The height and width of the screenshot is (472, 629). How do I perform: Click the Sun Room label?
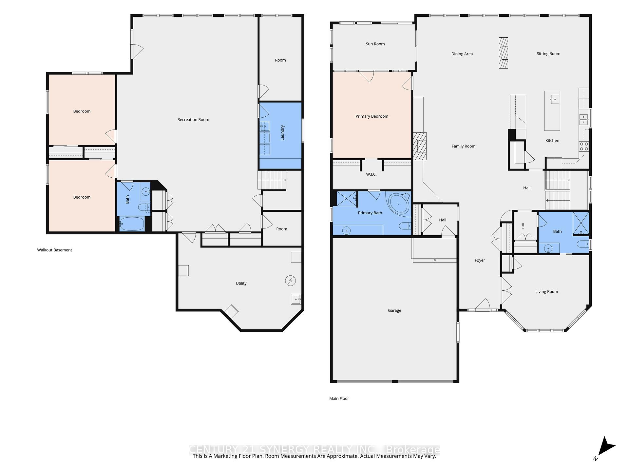point(375,44)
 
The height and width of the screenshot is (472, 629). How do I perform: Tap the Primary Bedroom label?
point(372,116)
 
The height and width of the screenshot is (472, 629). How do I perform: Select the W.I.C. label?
point(371,174)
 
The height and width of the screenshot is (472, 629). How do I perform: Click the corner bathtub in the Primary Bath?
point(398,204)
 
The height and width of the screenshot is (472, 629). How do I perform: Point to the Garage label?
point(394,310)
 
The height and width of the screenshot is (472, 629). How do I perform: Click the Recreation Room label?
point(193,120)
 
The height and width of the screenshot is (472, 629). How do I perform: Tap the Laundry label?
point(282,133)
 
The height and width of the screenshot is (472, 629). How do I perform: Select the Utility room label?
point(241,284)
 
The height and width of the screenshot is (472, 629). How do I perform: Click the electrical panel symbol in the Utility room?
point(290,281)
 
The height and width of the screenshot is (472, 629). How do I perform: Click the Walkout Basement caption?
point(54,250)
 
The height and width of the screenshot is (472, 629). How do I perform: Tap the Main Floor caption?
point(339,399)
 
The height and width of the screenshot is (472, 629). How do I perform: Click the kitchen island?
point(552,111)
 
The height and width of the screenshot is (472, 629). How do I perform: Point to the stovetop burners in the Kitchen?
point(584,146)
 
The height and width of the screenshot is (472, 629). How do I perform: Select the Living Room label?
point(546,292)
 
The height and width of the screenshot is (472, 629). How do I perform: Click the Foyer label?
point(480,260)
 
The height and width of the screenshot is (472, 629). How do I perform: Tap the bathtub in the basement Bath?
point(132,224)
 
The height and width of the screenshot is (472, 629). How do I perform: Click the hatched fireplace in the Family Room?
point(420,146)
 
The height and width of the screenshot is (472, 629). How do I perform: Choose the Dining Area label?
point(462,54)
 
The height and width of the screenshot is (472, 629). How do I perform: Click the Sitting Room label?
point(548,54)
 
